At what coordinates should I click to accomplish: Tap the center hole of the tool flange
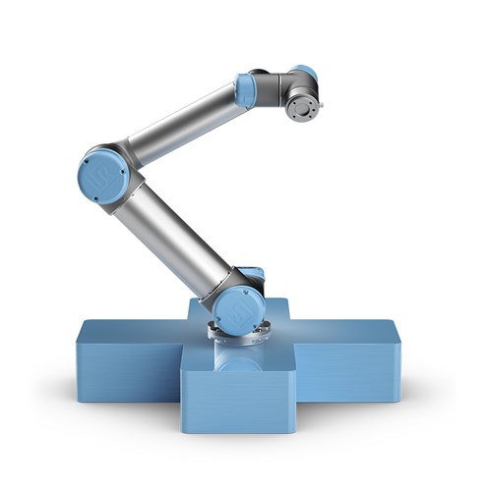(304, 104)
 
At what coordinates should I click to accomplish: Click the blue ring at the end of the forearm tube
(245, 89)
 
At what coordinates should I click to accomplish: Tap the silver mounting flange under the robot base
(236, 339)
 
